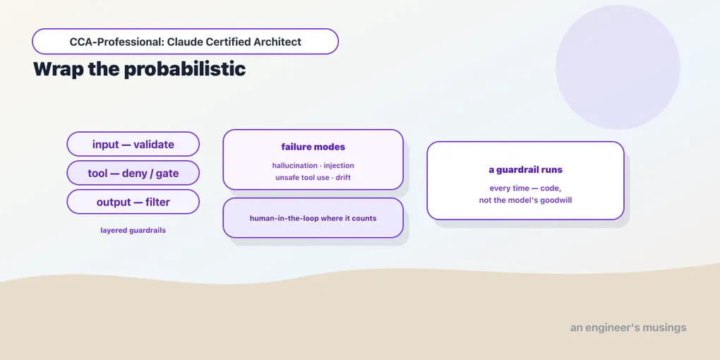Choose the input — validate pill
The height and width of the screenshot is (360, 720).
[133, 144]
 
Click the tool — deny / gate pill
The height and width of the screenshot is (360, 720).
[133, 173]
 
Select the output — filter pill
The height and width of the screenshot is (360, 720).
[133, 202]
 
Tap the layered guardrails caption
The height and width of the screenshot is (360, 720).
[133, 231]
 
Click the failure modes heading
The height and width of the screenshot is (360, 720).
[313, 147]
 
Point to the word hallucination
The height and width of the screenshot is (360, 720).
[295, 165]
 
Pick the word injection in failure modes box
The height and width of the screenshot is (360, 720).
[339, 165]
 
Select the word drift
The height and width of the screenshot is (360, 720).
[342, 177]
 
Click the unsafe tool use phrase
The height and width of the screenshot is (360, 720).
[302, 177]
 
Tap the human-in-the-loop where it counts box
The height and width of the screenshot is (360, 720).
[313, 218]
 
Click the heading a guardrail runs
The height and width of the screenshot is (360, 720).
[525, 170]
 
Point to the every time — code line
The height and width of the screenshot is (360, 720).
[525, 188]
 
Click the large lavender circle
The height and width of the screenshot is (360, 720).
[618, 67]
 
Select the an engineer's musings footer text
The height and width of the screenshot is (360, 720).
[628, 328]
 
